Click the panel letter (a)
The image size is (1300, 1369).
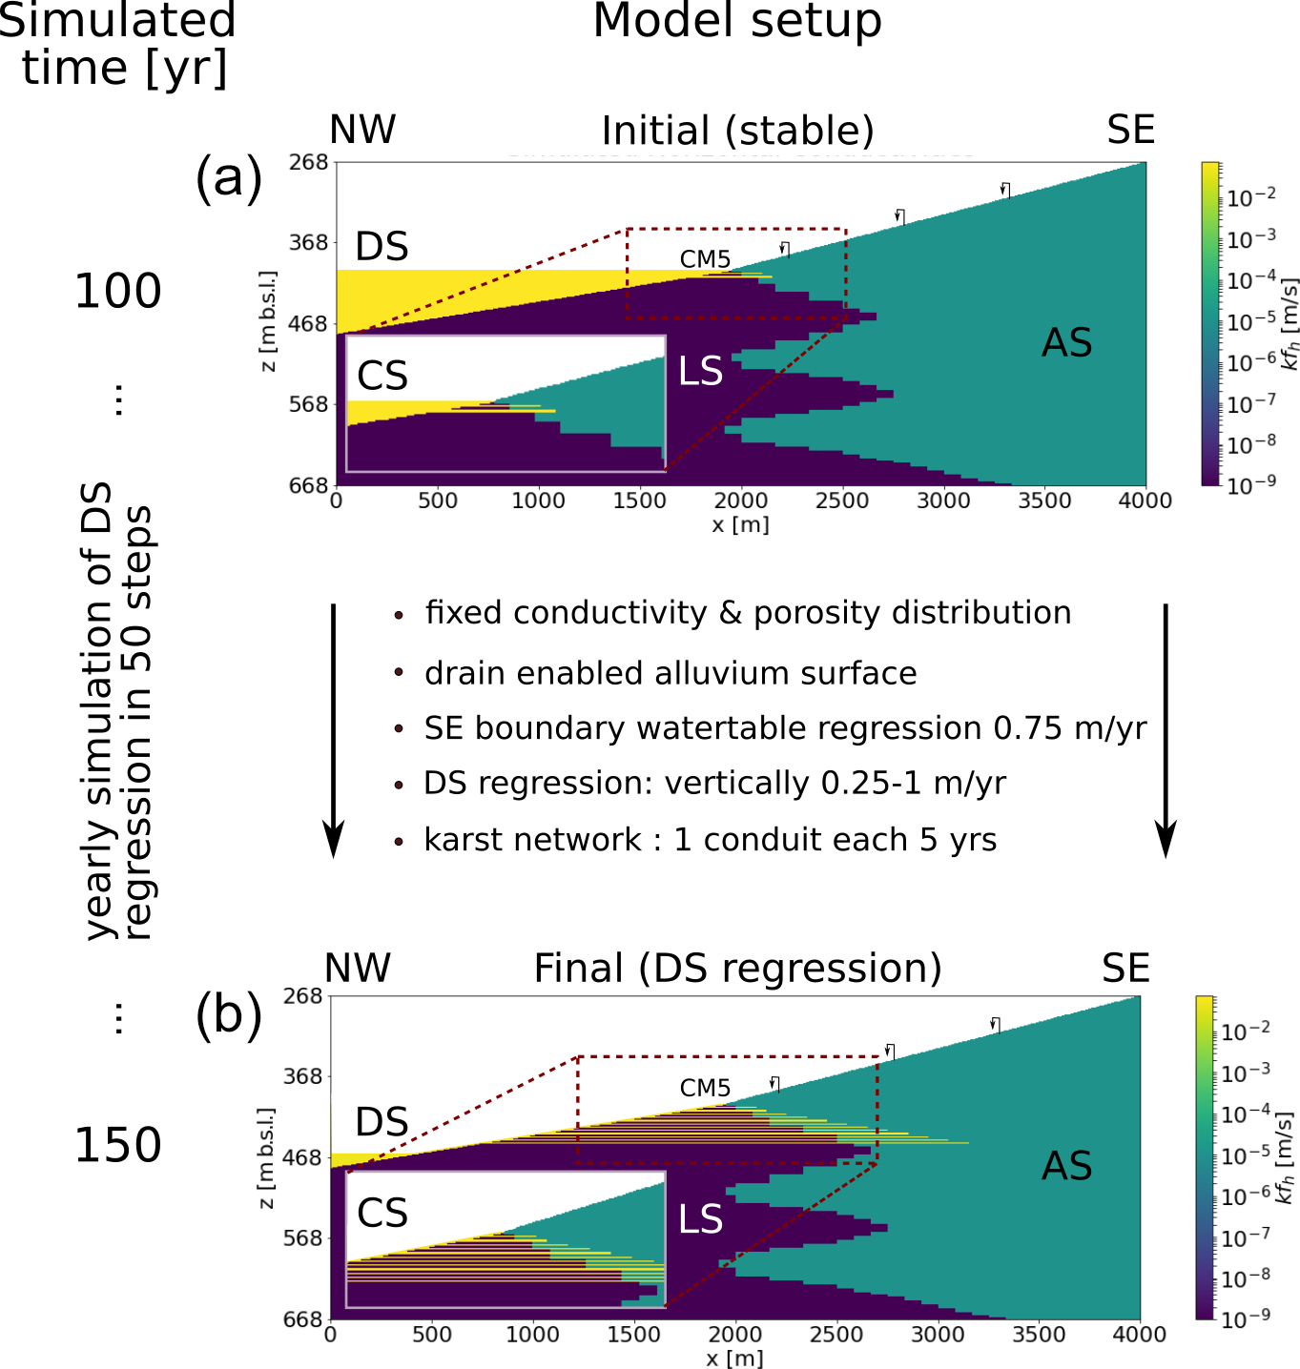(x=228, y=177)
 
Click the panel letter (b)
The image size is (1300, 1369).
(x=228, y=1015)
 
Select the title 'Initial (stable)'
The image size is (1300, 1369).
(x=737, y=131)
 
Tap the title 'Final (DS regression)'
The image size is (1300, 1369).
(x=737, y=969)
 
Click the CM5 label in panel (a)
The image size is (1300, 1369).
(x=705, y=258)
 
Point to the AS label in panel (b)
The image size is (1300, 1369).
(x=1066, y=1166)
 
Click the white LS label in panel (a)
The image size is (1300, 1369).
(x=700, y=371)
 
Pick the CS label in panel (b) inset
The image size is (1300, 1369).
(x=382, y=1214)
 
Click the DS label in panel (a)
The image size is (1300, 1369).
(x=382, y=247)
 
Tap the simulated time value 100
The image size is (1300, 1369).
(x=118, y=291)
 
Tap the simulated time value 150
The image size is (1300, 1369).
(x=118, y=1145)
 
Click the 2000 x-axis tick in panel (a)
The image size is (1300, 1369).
(x=741, y=501)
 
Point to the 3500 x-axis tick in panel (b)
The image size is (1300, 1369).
(x=1039, y=1334)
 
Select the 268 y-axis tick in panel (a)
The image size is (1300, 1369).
(x=309, y=162)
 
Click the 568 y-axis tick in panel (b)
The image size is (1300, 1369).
(x=303, y=1238)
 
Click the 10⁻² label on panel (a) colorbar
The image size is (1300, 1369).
(x=1250, y=197)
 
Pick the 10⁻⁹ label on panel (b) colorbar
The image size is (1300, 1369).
(x=1246, y=1319)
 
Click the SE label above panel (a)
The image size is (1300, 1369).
(x=1131, y=131)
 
